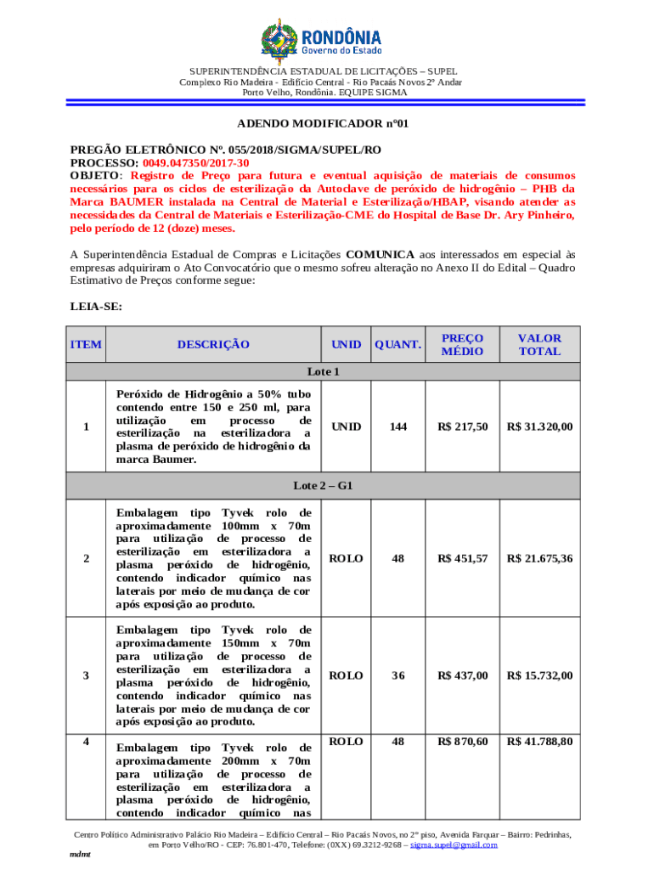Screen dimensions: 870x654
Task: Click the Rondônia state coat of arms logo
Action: coord(277,37)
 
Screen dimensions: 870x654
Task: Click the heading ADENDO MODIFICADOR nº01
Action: coord(327,123)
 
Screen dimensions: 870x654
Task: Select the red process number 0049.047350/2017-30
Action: coord(195,162)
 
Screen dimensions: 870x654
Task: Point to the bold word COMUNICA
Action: coord(381,254)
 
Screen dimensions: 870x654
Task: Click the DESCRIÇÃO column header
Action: coord(213,344)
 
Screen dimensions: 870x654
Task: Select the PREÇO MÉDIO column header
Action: coord(463,344)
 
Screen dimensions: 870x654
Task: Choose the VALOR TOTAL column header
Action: coord(539,344)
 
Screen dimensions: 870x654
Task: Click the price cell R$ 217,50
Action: coord(463,427)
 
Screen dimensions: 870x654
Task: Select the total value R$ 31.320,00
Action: coord(539,427)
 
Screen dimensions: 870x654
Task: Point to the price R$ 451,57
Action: coord(463,558)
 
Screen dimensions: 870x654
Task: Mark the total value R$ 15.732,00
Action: coord(539,675)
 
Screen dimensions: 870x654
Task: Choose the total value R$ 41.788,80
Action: coord(539,742)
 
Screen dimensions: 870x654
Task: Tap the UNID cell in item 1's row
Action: coord(346,427)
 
